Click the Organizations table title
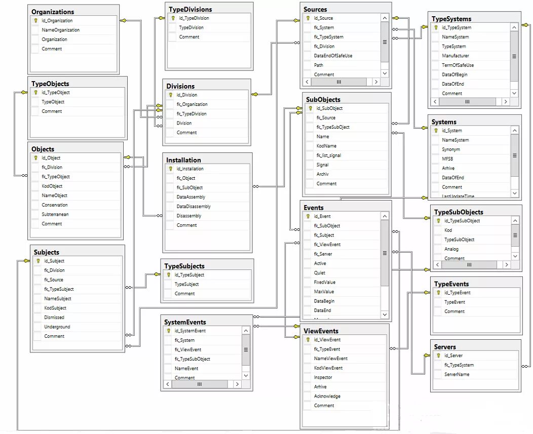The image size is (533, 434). (53, 12)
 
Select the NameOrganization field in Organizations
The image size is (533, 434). (60, 30)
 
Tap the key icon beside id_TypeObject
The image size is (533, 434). (35, 93)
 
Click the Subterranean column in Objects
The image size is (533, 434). (55, 214)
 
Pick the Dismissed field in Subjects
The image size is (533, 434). (54, 318)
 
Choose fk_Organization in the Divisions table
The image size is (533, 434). (192, 104)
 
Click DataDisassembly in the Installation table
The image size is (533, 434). (194, 206)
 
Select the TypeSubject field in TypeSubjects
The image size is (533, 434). (186, 284)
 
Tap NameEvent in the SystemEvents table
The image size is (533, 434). (186, 368)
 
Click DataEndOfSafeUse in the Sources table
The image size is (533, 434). (333, 56)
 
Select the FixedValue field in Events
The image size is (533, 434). (325, 282)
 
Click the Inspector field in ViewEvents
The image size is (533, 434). (323, 377)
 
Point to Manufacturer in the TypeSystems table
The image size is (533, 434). (455, 56)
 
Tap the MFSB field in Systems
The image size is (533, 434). (448, 159)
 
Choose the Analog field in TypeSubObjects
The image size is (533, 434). (451, 249)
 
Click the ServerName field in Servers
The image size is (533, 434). (456, 374)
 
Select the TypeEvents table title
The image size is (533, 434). (451, 284)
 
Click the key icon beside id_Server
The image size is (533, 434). (438, 356)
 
